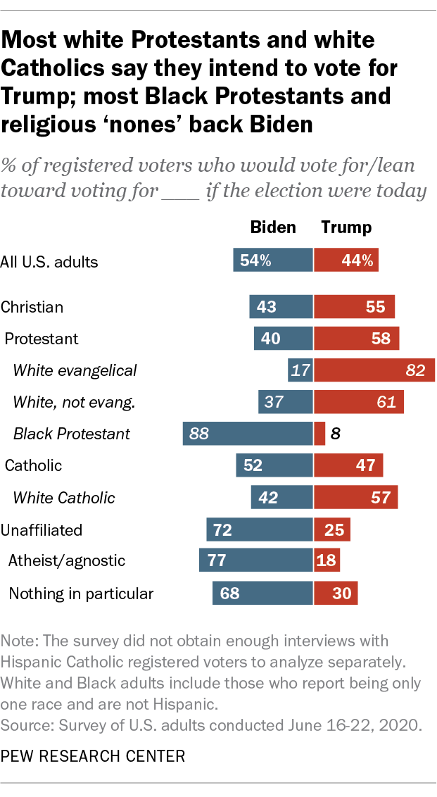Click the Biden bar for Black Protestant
(248, 434)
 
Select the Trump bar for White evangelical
(374, 370)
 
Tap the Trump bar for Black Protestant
(319, 434)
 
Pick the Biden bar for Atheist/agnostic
(256, 561)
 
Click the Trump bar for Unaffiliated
(332, 529)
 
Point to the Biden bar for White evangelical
(300, 370)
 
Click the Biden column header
(274, 227)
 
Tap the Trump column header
(346, 227)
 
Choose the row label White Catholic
(64, 498)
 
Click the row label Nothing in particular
(81, 594)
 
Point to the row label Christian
(32, 307)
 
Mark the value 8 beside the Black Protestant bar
(336, 434)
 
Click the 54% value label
(255, 261)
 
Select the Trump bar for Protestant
(356, 339)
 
